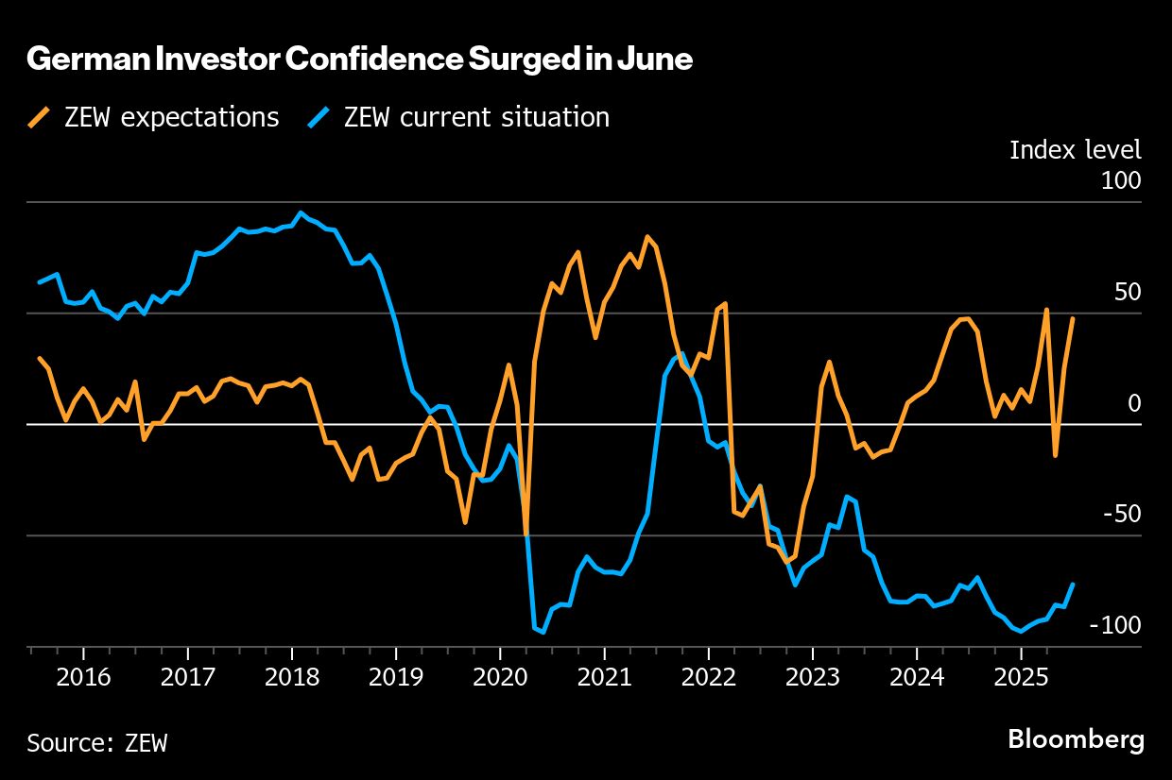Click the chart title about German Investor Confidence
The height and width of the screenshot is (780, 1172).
359,60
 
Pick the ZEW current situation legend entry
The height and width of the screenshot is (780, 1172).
460,117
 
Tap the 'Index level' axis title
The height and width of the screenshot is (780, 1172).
1075,149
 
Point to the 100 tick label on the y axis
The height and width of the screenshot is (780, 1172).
1121,180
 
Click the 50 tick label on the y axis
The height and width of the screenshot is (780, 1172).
1128,292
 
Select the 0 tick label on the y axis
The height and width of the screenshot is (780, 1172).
1134,403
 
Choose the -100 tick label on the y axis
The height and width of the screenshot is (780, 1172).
1115,626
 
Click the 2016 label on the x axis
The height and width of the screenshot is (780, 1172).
83,678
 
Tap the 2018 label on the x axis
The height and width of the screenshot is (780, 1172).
292,678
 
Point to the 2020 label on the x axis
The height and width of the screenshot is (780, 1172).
500,678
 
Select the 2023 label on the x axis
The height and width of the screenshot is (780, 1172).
813,678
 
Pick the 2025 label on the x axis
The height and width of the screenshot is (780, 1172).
1021,678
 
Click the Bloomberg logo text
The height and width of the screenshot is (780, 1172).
1076,739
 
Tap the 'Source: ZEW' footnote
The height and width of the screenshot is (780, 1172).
96,742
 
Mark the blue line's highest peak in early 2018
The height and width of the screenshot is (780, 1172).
301,212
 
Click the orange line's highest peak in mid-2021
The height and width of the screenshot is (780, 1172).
647,237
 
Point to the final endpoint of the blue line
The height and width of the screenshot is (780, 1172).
1073,585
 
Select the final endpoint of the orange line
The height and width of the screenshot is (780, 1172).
1073,318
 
